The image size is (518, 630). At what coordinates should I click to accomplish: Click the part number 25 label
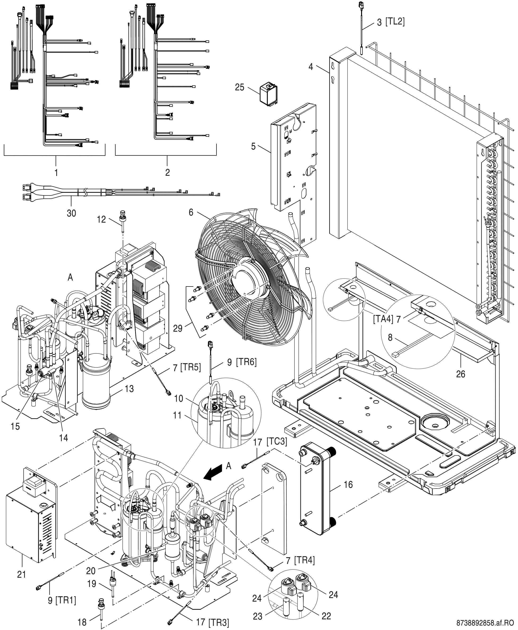pyautogui.click(x=239, y=88)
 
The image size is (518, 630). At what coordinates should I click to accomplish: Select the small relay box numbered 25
pyautogui.click(x=268, y=95)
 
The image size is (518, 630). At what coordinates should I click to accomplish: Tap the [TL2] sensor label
pyautogui.click(x=395, y=22)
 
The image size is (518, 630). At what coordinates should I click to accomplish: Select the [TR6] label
pyautogui.click(x=246, y=362)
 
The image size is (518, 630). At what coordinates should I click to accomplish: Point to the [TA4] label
pyautogui.click(x=383, y=319)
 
